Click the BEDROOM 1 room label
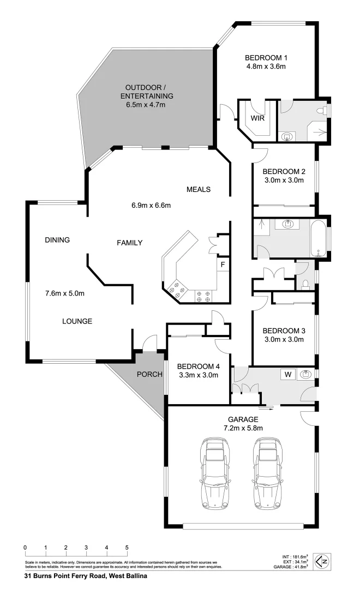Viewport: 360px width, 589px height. tap(266, 58)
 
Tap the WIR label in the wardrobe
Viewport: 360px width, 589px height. tap(257, 118)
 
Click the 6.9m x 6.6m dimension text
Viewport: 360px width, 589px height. tap(151, 206)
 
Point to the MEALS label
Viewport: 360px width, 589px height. tap(199, 190)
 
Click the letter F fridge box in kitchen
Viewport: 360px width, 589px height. tap(223, 265)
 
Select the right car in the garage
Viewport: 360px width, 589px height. tap(267, 472)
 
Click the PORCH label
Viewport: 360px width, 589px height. tap(149, 374)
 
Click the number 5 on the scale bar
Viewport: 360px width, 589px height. tap(127, 548)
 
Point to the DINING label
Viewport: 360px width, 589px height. tap(57, 239)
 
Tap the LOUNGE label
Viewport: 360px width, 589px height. tap(76, 321)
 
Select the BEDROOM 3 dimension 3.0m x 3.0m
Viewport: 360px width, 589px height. tap(283, 340)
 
